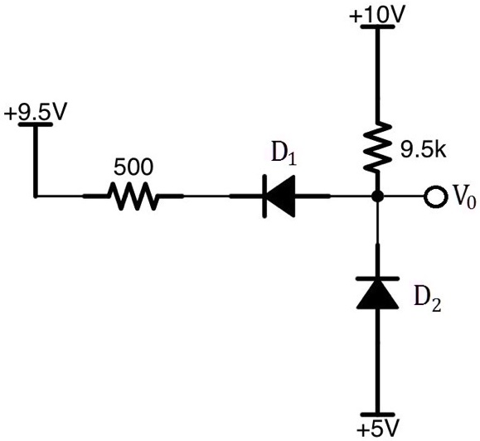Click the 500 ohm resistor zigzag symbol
click(132, 197)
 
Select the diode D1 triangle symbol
click(279, 197)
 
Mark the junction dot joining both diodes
click(377, 197)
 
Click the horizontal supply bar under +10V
click(377, 27)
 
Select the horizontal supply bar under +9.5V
click(34, 124)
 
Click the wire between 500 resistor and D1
click(207, 197)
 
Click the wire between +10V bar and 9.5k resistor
click(377, 75)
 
